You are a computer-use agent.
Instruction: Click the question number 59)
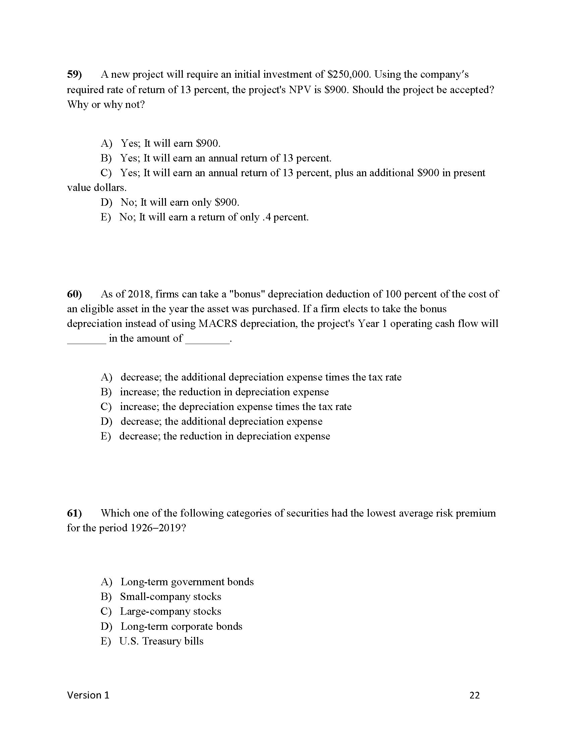coord(74,74)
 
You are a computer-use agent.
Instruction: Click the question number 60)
coord(74,294)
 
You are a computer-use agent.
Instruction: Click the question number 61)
coord(74,513)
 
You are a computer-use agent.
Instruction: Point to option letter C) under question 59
coord(106,173)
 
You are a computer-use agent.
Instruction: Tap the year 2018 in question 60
coord(139,294)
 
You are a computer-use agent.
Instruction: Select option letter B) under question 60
coord(106,392)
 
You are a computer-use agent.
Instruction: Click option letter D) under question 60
coord(106,421)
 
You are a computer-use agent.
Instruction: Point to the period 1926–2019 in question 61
coord(156,528)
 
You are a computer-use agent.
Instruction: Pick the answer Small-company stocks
coord(171,597)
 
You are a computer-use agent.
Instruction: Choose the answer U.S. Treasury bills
coord(161,641)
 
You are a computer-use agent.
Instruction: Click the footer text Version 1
coord(88,695)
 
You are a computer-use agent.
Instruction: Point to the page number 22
coord(474,695)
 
